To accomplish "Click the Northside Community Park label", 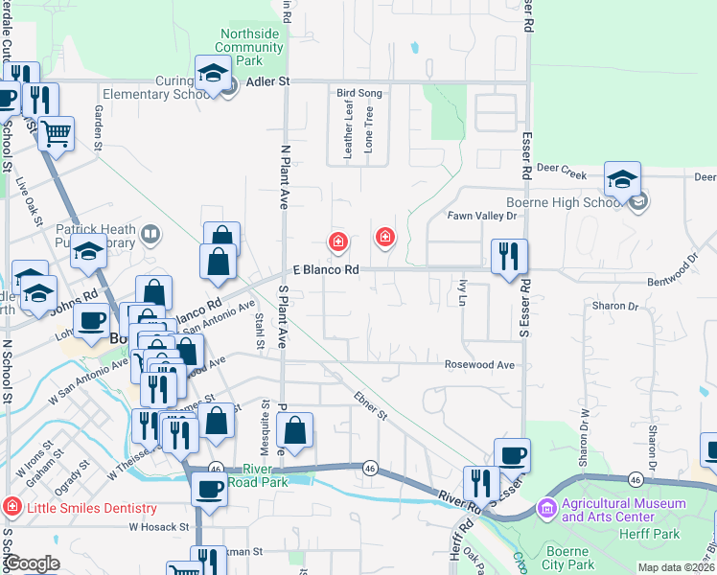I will [249, 47].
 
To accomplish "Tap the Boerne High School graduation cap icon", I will [622, 178].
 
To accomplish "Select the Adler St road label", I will [267, 82].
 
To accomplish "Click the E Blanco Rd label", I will [325, 271].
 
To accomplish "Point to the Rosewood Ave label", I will [479, 365].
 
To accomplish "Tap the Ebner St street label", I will [369, 405].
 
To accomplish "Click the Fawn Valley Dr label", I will [482, 217].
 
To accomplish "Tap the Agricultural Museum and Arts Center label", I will [624, 510].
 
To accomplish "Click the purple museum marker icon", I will [547, 507].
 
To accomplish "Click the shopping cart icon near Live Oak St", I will [57, 133].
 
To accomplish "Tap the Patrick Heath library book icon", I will [150, 233].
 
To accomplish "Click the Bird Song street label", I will [359, 93].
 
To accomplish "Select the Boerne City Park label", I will [570, 558].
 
